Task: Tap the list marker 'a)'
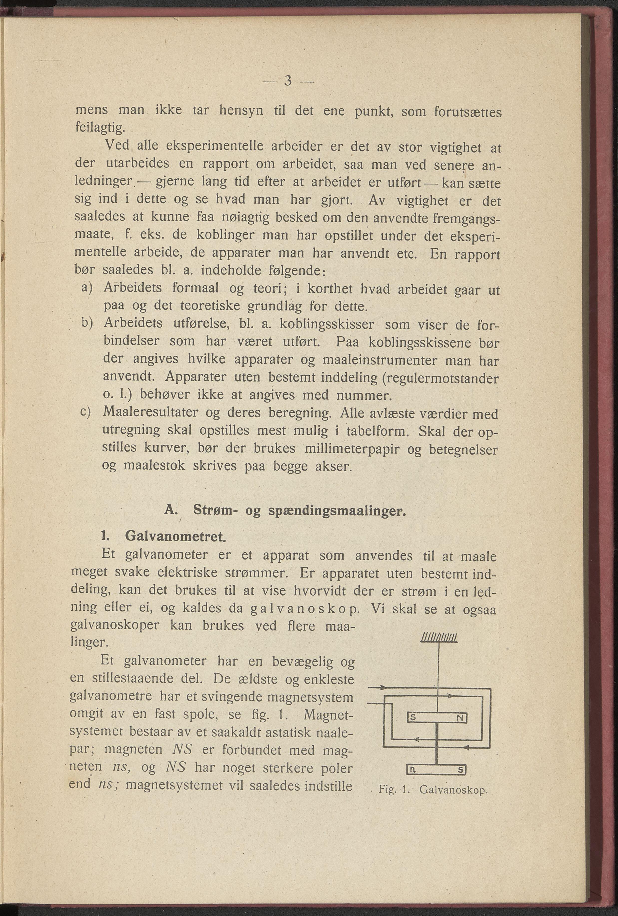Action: tap(86, 287)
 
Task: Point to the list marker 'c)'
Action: tap(86, 412)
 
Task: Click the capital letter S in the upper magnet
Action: tap(413, 718)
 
